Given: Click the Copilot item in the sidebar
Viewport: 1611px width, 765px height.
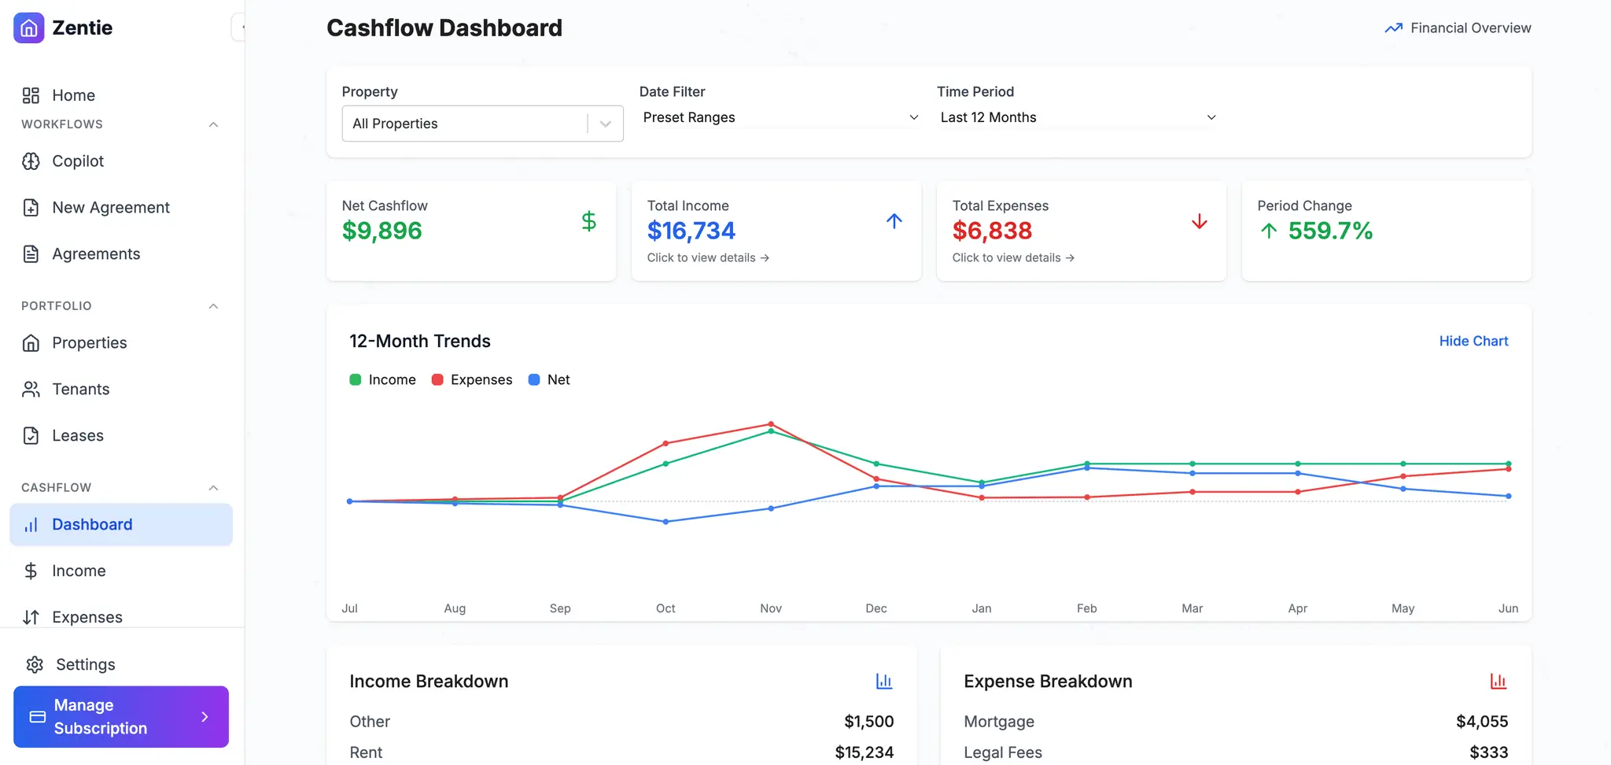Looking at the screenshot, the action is pos(77,161).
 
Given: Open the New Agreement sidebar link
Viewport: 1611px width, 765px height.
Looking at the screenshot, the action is pos(110,208).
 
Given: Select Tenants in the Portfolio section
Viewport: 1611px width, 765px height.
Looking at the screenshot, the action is pos(80,390).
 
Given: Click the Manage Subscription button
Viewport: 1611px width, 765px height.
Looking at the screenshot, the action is pos(121,717).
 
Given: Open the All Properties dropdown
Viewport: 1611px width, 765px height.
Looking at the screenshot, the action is pos(482,124).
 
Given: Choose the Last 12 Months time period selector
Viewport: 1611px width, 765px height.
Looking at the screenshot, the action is pos(1078,117).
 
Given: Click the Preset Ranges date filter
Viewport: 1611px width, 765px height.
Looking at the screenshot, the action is pos(780,117).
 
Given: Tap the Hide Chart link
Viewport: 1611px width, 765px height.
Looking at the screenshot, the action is pos(1473,341).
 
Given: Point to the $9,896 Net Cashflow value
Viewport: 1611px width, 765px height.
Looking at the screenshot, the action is pos(382,231).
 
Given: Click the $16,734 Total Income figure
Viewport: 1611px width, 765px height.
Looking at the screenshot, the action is pos(691,231).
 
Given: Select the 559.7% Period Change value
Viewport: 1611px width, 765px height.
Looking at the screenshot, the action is pos(1330,231).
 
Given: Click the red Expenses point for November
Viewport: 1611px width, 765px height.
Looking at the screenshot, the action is pos(771,424).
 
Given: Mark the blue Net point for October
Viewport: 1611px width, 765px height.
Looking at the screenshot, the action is pos(665,522).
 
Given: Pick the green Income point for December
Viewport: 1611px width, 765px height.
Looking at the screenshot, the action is pos(876,464).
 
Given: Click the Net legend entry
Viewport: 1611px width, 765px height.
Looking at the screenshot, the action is pos(549,380).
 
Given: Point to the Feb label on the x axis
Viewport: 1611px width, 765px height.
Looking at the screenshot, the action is pos(1086,608).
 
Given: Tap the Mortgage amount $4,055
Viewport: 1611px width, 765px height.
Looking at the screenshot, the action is pos(1482,722).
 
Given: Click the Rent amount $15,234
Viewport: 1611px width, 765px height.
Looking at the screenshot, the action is pos(864,752).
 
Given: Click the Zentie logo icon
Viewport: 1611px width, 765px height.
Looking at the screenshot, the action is pos(29,28).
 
